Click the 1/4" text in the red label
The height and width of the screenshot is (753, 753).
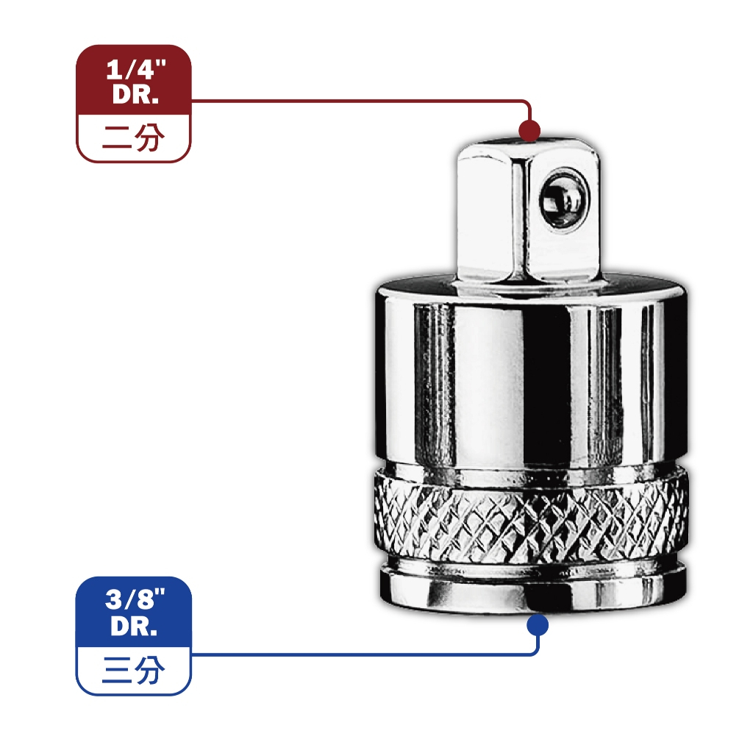136,70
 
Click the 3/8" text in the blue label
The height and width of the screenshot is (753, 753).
135,600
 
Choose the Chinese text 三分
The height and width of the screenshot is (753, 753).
133,670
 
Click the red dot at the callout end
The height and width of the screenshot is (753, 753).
529,131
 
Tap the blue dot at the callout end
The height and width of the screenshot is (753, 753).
538,625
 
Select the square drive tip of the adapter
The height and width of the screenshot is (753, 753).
528,211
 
